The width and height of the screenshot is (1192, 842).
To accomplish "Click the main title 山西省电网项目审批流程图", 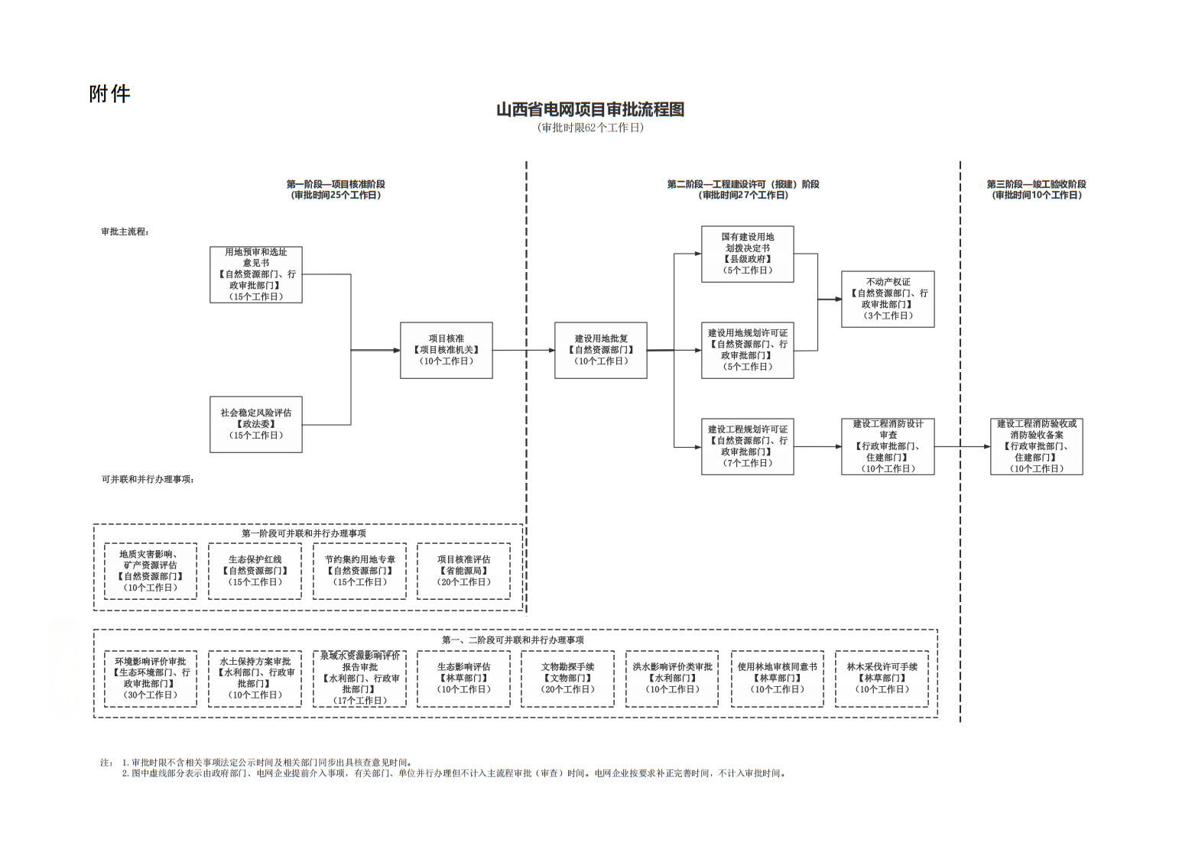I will point(590,109).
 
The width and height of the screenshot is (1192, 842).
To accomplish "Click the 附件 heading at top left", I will point(109,94).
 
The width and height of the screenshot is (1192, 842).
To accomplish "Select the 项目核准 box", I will point(446,350).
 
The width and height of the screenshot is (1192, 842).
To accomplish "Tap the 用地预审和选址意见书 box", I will point(256,274).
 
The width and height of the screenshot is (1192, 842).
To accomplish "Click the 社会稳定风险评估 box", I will point(256,424).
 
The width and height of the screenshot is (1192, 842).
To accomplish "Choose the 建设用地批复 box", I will point(601,350).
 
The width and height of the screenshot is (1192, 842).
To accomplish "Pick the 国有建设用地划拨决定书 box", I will point(747,254).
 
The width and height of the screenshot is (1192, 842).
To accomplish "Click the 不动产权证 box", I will point(888,299).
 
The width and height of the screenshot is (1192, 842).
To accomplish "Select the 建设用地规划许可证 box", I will point(747,350).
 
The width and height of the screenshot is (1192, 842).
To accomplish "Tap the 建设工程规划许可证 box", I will point(747,446).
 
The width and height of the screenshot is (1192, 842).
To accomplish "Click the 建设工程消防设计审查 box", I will point(888,446).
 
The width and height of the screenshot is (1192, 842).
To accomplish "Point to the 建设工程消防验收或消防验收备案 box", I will point(1036,446).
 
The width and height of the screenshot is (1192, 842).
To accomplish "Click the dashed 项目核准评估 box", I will point(463,571).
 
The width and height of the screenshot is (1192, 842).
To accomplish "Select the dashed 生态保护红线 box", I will point(255,571).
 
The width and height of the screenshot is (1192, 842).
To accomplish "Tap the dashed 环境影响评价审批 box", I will point(151,678).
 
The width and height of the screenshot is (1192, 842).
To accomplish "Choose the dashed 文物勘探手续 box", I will point(567,678).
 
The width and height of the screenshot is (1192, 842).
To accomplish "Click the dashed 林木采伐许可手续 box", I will point(882,678).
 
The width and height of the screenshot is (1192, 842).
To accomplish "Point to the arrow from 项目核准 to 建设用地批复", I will point(524,350).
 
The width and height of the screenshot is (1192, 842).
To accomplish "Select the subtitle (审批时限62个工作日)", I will point(590,128).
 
